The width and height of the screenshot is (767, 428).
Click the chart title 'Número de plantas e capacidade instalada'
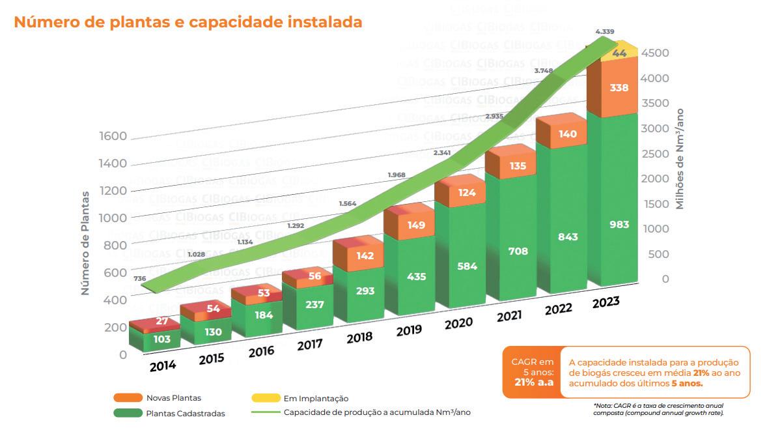point(188,22)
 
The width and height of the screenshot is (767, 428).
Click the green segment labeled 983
point(619,224)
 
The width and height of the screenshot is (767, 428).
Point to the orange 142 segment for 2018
point(365,256)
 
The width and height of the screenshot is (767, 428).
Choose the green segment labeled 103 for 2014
point(162,339)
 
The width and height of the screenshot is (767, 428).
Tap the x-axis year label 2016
point(260,352)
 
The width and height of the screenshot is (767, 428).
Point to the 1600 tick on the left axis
point(113,136)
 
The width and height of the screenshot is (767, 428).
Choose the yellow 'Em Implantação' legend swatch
point(264,397)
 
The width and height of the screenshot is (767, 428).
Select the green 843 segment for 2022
point(567,237)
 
